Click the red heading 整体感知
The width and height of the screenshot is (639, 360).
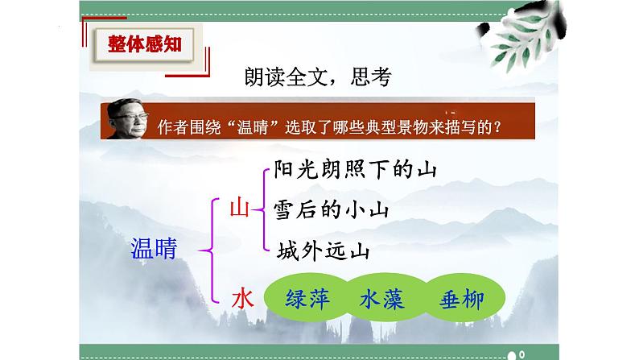click(x=145, y=44)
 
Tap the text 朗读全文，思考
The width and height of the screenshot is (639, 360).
click(x=318, y=77)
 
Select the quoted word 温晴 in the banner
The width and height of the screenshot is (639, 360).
click(x=252, y=127)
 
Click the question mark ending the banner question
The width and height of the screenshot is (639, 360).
click(x=497, y=127)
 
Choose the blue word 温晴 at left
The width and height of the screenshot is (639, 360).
click(x=154, y=248)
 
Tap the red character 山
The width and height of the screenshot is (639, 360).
click(x=239, y=208)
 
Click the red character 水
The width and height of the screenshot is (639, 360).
click(x=243, y=300)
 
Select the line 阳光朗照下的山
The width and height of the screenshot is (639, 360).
click(x=355, y=169)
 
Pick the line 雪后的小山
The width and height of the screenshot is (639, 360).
click(x=331, y=209)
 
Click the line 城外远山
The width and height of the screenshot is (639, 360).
click(x=324, y=250)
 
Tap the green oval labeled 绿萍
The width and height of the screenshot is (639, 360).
click(x=307, y=298)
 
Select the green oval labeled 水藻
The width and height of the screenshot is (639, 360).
click(x=382, y=298)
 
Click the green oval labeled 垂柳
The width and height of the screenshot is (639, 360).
click(x=463, y=298)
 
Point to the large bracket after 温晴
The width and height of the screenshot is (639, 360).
click(x=212, y=250)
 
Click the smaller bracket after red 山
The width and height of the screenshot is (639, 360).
click(x=264, y=209)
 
